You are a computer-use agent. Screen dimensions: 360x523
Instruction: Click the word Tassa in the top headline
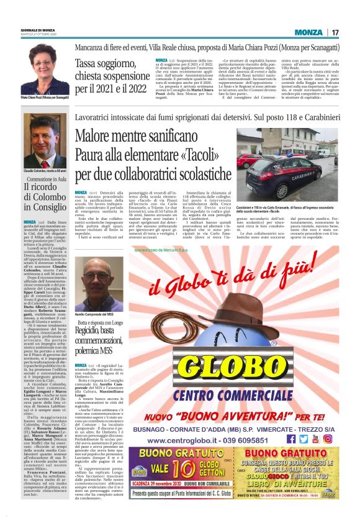tap(89, 63)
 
